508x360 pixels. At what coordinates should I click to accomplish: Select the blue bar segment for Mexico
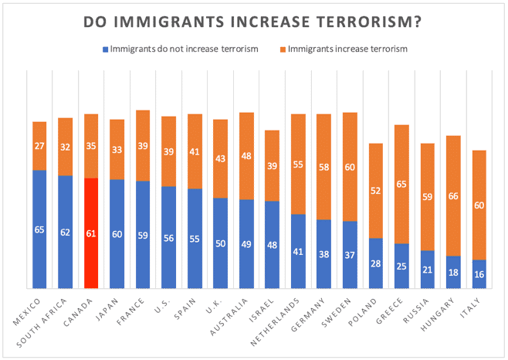39,229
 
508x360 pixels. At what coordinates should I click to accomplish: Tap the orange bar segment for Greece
401,184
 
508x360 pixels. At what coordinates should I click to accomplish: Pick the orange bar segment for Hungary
453,195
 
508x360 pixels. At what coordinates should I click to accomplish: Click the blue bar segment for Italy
479,274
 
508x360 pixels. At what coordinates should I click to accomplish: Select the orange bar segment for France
142,145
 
